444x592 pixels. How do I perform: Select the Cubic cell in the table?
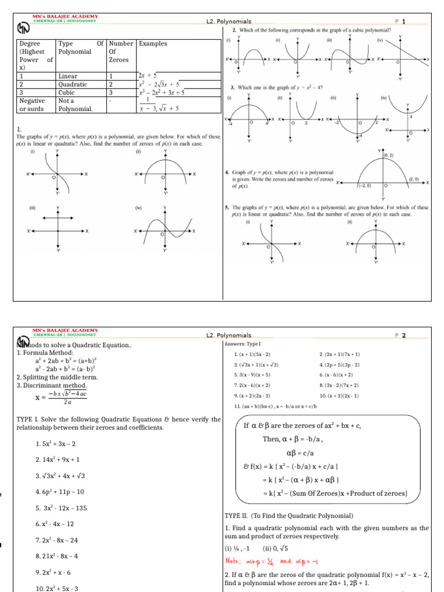click(68, 91)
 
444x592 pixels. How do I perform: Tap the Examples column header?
click(153, 43)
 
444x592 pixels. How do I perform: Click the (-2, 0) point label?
click(365, 185)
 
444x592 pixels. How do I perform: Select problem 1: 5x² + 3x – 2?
click(55, 443)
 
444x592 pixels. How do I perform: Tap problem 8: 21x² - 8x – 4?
click(57, 556)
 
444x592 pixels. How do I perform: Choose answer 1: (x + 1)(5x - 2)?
click(252, 354)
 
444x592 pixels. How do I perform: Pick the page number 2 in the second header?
click(405, 335)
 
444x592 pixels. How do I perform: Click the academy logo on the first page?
click(23, 28)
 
